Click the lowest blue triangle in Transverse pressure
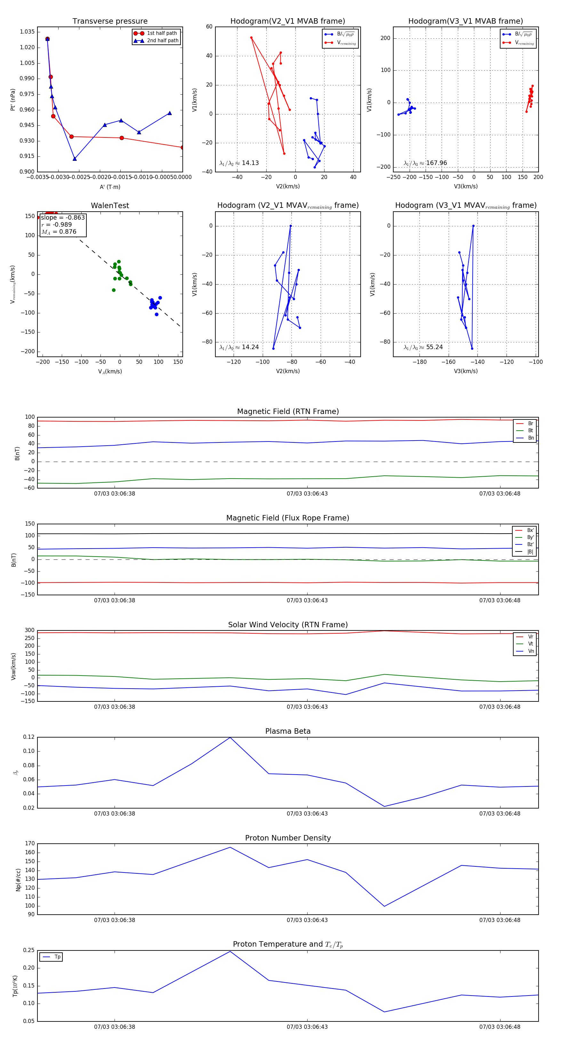[x=75, y=159]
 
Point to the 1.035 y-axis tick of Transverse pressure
[x=27, y=32]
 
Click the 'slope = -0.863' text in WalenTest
[x=63, y=217]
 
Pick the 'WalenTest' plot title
[x=110, y=206]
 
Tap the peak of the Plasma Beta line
[x=230, y=738]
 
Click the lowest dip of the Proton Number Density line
[x=384, y=906]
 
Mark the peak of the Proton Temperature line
[x=230, y=951]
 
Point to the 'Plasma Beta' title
[x=288, y=731]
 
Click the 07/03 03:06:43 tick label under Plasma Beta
[x=307, y=814]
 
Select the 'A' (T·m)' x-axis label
[x=110, y=187]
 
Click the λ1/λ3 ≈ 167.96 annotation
[x=425, y=163]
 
